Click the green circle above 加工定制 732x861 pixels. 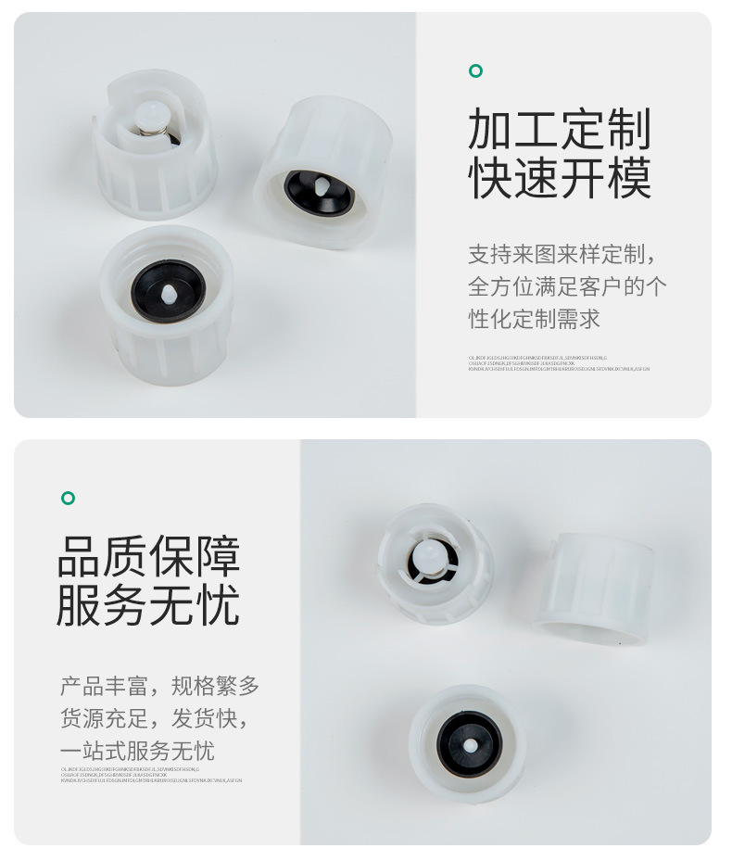click(475, 71)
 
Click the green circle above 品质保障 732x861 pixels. click(68, 499)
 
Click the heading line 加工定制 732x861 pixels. click(560, 129)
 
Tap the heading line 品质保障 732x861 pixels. click(149, 556)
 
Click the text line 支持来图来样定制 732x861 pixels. click(566, 254)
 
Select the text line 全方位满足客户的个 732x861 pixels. click(567, 286)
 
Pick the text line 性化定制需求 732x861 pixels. click(535, 319)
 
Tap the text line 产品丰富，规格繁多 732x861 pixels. click(159, 687)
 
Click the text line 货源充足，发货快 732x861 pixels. click(153, 718)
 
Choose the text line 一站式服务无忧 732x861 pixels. click(137, 751)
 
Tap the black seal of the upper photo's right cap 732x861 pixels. click(317, 189)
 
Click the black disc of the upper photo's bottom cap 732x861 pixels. click(168, 290)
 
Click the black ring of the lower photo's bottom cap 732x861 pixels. click(469, 742)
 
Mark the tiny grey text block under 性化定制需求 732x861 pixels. click(559, 362)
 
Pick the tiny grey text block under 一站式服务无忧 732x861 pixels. click(151, 775)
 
